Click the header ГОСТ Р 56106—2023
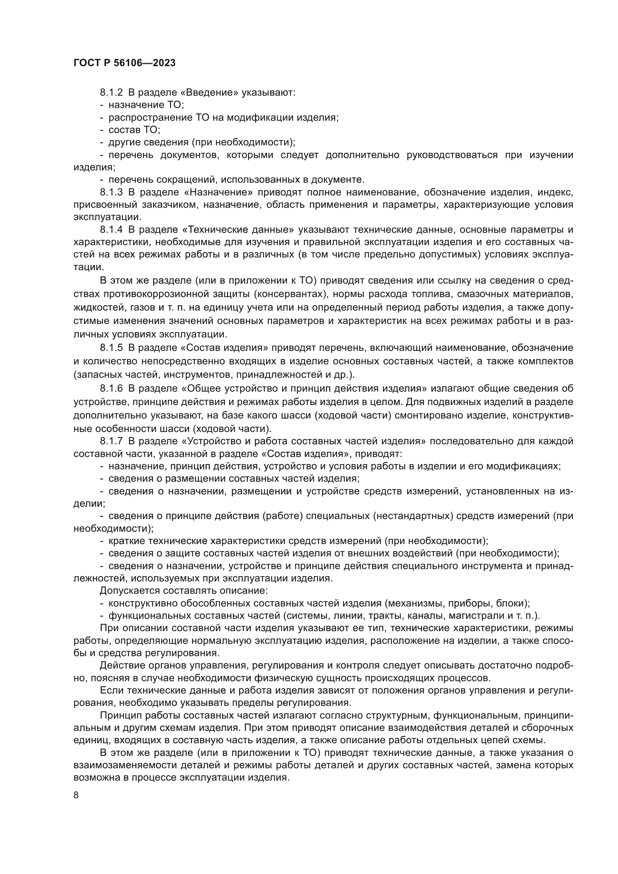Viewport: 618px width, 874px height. click(x=124, y=63)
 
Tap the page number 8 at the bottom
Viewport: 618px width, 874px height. click(x=76, y=795)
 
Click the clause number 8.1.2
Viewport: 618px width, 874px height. click(x=111, y=93)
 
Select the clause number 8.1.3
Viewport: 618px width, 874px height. click(x=111, y=192)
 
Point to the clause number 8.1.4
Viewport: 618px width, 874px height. click(x=111, y=229)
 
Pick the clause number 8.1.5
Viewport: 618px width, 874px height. click(x=111, y=348)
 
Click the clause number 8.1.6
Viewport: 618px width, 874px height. click(x=111, y=388)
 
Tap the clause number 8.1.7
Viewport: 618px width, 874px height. click(x=111, y=441)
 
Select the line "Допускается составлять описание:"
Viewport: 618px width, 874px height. click(x=184, y=591)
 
